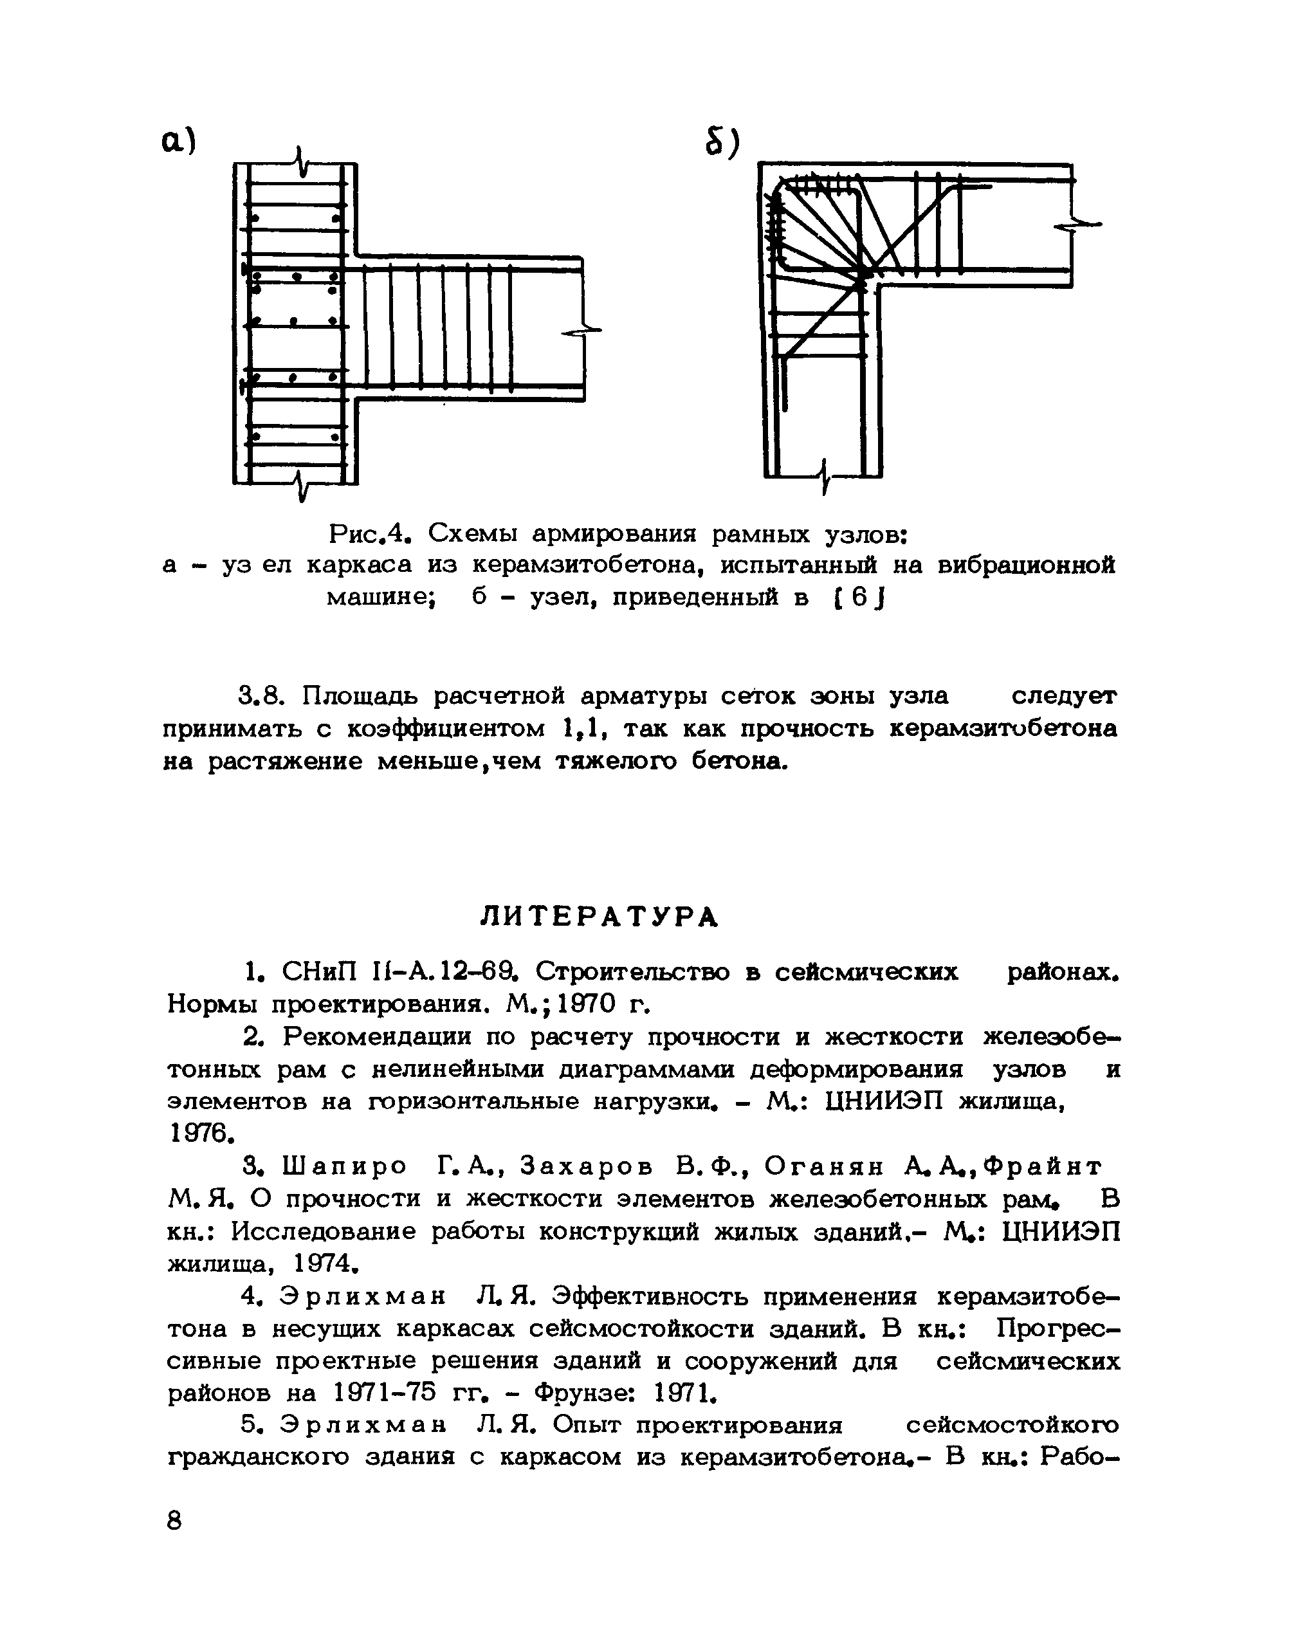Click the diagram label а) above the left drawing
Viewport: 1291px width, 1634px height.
(178, 141)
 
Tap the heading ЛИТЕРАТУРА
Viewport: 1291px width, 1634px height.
(600, 917)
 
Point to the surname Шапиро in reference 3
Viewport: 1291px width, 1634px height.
(345, 1167)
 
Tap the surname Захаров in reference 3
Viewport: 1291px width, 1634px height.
(587, 1167)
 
